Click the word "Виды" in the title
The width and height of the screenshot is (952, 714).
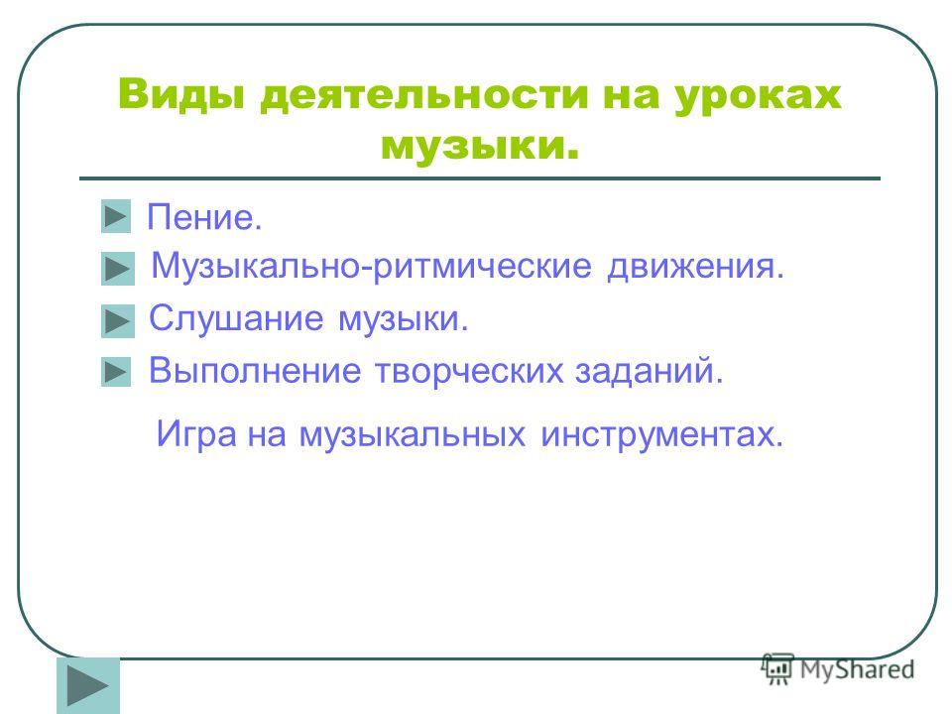(x=180, y=95)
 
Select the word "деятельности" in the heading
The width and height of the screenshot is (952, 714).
(x=423, y=96)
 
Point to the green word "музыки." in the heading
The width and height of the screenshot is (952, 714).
(x=480, y=147)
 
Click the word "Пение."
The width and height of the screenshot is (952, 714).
(x=204, y=217)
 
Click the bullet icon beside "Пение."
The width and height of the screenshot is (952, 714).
(x=116, y=216)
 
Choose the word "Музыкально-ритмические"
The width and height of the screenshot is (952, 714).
(x=371, y=266)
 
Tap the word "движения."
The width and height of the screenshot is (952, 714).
(x=696, y=267)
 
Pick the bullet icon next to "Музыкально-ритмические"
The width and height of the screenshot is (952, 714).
(x=118, y=269)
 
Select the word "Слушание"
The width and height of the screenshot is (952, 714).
(x=236, y=317)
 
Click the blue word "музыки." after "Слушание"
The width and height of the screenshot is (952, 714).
(x=404, y=319)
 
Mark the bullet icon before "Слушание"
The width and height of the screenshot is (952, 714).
(x=118, y=320)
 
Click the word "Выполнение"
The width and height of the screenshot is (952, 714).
(x=255, y=370)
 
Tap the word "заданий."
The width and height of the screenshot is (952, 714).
(x=650, y=370)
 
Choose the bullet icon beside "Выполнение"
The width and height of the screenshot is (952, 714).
(x=116, y=372)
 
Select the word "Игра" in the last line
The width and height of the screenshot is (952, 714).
(x=196, y=434)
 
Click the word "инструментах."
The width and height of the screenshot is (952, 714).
(x=662, y=434)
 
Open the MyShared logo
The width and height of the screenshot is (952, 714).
(x=838, y=669)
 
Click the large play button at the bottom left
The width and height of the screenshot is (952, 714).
(x=88, y=686)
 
